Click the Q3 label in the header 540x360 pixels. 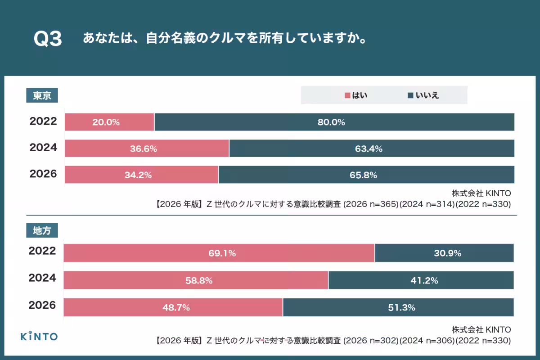click(x=48, y=39)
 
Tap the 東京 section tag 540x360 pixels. click(x=42, y=95)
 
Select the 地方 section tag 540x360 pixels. click(x=42, y=231)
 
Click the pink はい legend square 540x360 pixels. click(x=347, y=95)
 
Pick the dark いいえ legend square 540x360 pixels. click(x=410, y=95)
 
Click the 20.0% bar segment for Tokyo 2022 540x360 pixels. click(x=109, y=122)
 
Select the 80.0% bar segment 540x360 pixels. click(x=334, y=122)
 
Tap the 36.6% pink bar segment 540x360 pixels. click(x=147, y=148)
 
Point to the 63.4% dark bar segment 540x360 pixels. click(x=371, y=148)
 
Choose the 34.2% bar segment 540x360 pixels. click(x=141, y=175)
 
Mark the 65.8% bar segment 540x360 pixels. click(x=366, y=175)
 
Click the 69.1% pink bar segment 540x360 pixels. click(x=219, y=253)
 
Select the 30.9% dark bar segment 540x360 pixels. click(x=444, y=253)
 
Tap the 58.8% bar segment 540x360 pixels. click(x=196, y=280)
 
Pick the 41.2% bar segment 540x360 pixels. click(x=421, y=280)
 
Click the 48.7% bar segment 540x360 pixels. click(x=173, y=307)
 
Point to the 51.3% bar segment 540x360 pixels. click(x=398, y=307)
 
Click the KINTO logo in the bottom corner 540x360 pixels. click(x=39, y=336)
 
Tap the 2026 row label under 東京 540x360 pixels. click(x=43, y=174)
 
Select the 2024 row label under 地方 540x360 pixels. click(x=42, y=278)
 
